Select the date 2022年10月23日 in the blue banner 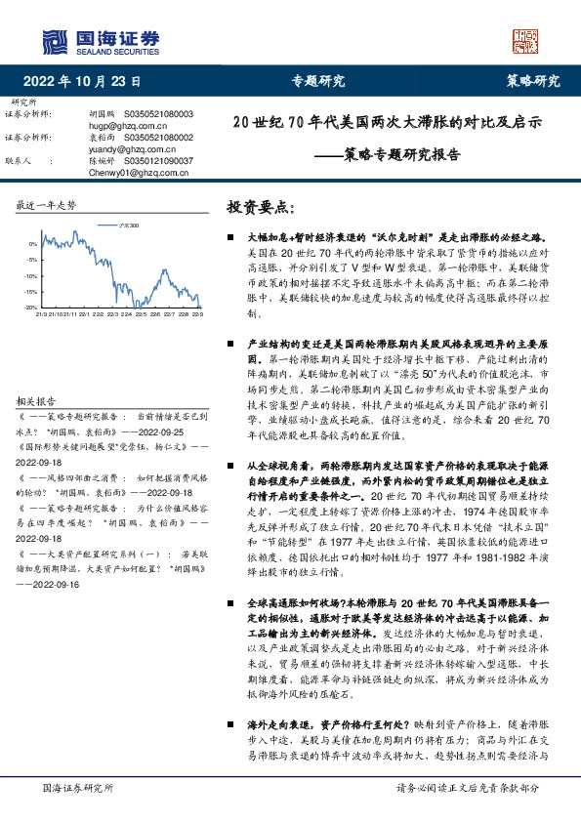(82, 82)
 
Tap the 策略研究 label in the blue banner (532, 82)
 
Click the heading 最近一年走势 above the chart (45, 206)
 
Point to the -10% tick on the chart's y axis (32, 275)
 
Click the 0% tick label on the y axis (34, 244)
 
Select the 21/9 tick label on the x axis (42, 314)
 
